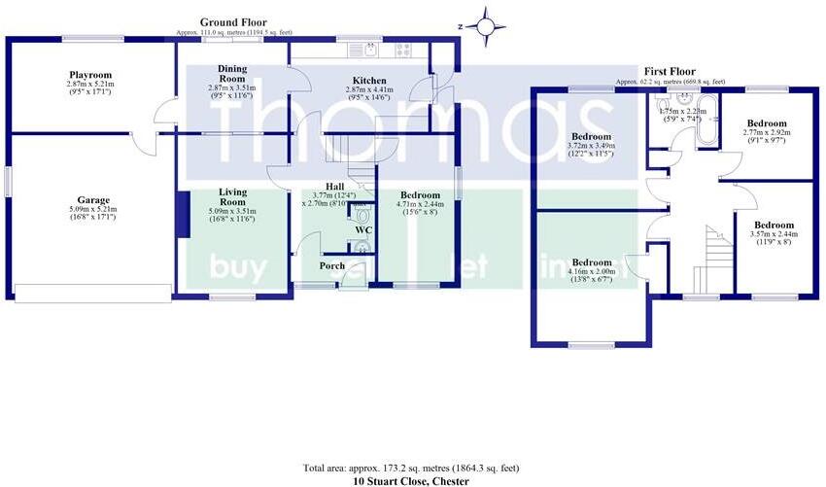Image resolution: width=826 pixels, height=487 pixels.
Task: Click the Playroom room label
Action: tap(90, 75)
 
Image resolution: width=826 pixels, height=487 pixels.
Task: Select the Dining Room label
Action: tap(231, 74)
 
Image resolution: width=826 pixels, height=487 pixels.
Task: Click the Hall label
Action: tap(335, 187)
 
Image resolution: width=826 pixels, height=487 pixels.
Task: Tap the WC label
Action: tap(364, 230)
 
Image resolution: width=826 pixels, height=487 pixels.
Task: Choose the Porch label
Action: tap(332, 265)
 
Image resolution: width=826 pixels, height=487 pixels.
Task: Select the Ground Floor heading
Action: tap(233, 21)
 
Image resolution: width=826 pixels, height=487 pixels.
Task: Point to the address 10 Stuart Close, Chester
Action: tap(412, 481)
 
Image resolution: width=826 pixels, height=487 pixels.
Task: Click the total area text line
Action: tap(412, 468)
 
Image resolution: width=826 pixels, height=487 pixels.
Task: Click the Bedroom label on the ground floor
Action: tap(420, 195)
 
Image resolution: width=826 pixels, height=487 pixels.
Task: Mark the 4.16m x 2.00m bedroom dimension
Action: tap(591, 272)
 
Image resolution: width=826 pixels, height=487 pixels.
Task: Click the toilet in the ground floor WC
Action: tap(362, 214)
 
